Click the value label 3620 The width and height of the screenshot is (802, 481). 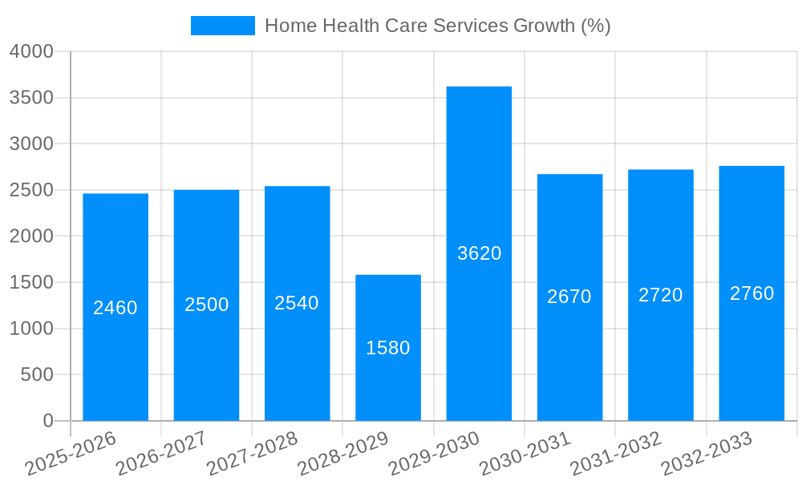tap(479, 253)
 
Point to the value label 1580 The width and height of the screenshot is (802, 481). tap(388, 348)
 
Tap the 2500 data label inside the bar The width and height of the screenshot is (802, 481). tap(206, 305)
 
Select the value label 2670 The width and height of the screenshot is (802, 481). tap(569, 297)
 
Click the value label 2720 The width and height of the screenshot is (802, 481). tap(660, 295)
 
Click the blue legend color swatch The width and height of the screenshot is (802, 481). tap(222, 26)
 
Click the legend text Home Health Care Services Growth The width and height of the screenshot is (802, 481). tap(437, 26)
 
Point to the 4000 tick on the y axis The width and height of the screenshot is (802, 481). tap(31, 51)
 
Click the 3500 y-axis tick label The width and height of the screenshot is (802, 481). tap(31, 98)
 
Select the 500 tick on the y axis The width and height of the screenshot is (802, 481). tap(37, 374)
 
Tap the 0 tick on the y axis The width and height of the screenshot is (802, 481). tap(47, 421)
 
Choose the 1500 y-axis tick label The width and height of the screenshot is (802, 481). tap(31, 282)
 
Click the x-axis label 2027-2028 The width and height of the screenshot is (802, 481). tap(253, 452)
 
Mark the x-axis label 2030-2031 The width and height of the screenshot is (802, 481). tap(525, 452)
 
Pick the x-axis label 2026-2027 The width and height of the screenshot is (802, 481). tap(162, 452)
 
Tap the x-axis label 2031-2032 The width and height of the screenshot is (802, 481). tap(616, 452)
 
